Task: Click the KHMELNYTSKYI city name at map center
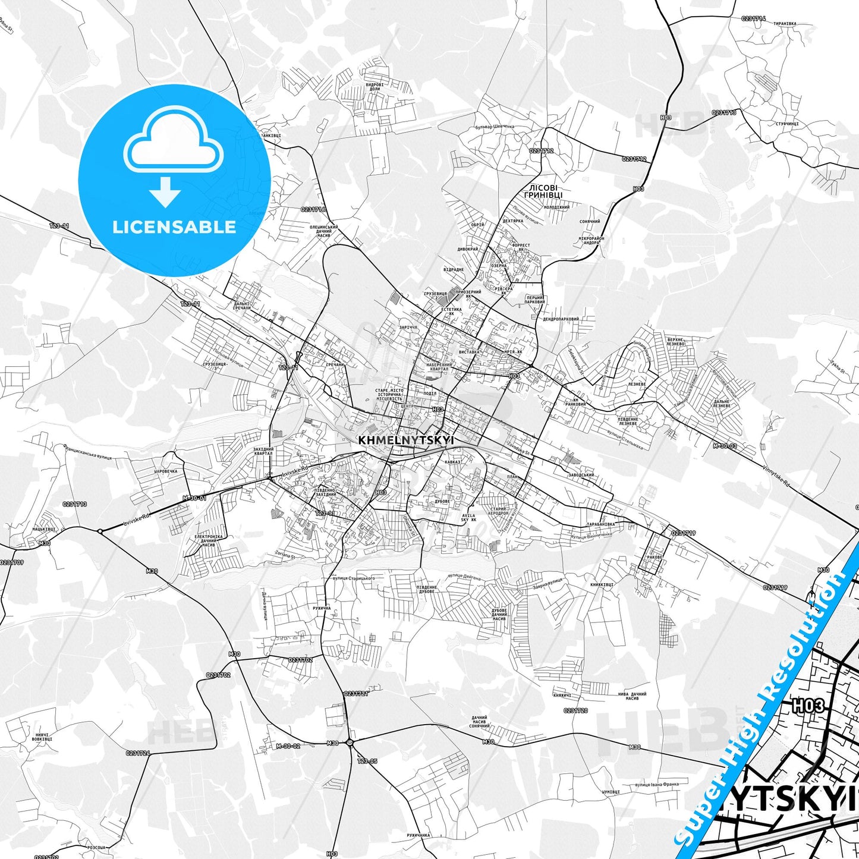point(406,440)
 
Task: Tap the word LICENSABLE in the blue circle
point(174,227)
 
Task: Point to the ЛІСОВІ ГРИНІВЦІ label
point(543,191)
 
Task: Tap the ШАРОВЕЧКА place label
point(166,471)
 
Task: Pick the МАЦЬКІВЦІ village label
point(44,528)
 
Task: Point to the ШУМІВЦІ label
point(611,792)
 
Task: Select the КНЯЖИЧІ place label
point(562,695)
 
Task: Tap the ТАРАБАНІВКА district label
point(600,525)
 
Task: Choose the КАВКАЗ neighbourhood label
point(453,462)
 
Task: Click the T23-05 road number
point(367,761)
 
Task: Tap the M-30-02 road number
point(288,746)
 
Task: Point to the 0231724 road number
point(138,753)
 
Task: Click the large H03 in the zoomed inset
point(809,706)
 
